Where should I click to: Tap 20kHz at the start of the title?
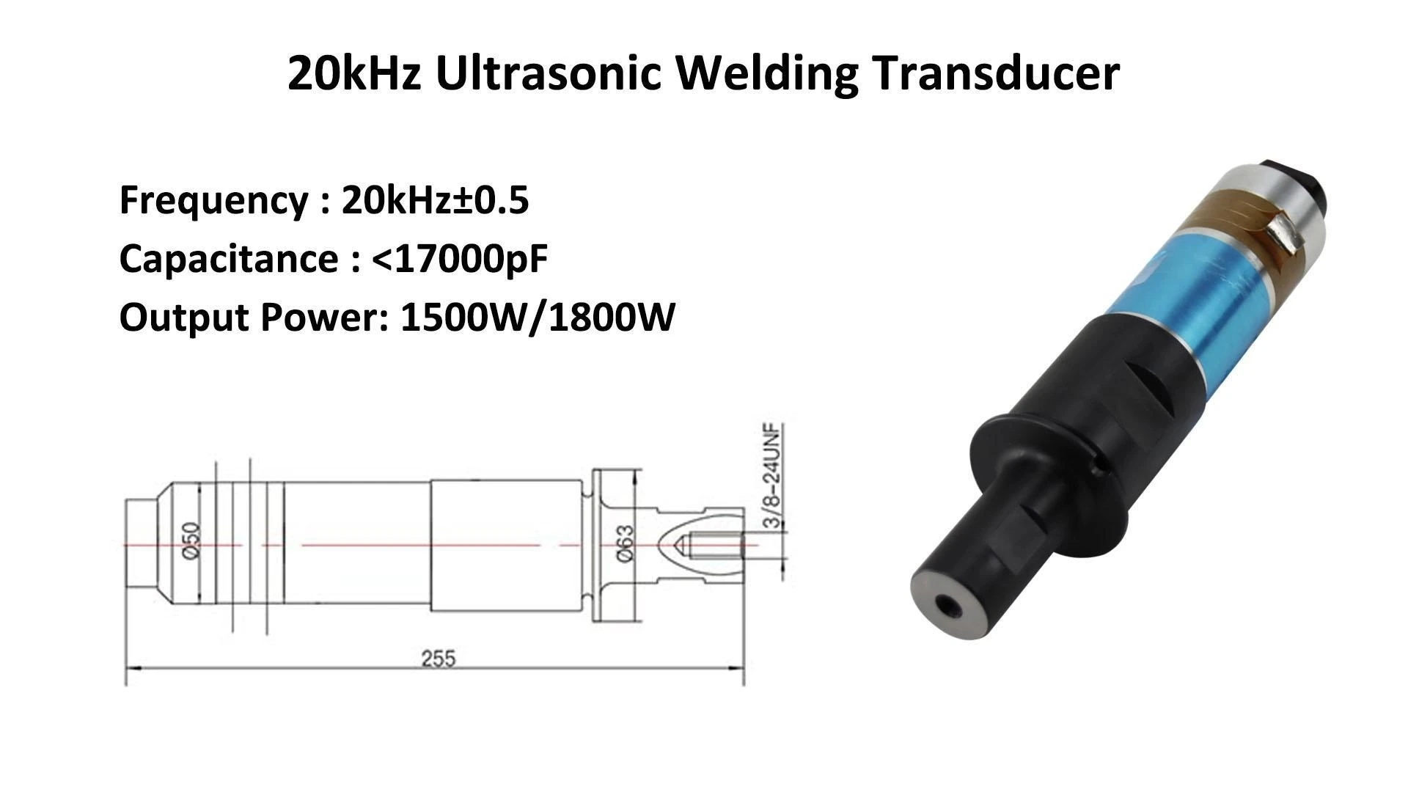(353, 73)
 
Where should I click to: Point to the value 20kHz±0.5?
(435, 199)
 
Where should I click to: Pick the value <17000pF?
(461, 259)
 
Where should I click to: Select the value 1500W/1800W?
(537, 318)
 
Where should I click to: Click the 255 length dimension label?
(438, 659)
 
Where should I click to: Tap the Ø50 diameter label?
(191, 540)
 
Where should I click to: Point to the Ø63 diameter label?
(625, 544)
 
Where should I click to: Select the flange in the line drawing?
(602, 544)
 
